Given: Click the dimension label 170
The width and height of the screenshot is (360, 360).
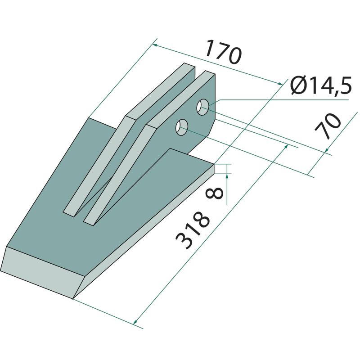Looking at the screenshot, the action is [223, 52].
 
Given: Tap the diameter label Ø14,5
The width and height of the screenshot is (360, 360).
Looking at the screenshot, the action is [321, 85].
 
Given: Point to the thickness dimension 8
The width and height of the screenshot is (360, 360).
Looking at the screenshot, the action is [215, 193].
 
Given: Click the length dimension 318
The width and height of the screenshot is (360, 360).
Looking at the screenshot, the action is [193, 230].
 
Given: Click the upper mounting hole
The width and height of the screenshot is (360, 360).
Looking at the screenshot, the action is [202, 107].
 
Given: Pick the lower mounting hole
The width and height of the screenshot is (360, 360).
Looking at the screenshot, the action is [182, 127].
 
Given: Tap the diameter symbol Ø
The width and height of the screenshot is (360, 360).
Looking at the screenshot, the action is [298, 85].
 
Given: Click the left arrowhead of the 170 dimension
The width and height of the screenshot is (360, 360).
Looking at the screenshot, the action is [155, 45].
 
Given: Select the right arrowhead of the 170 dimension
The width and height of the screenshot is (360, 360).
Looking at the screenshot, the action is [280, 84].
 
